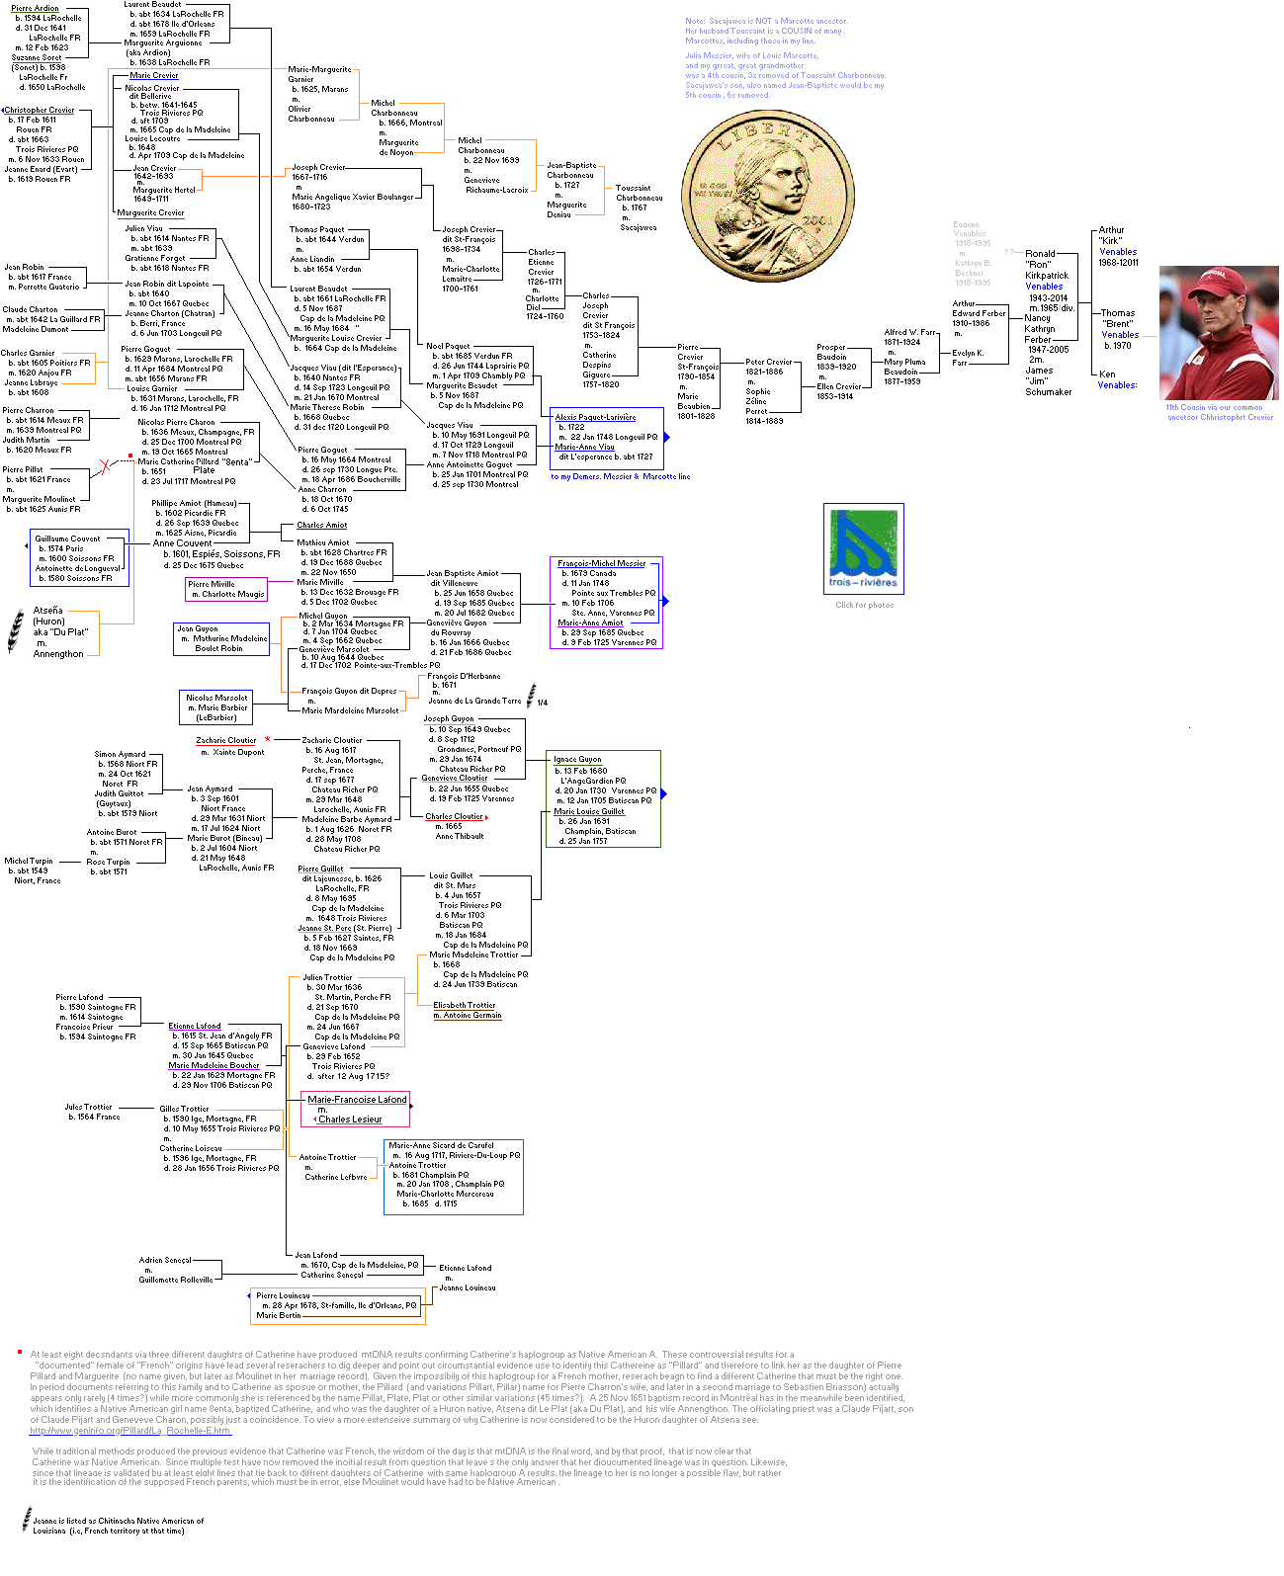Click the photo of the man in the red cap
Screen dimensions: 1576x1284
pos(1218,332)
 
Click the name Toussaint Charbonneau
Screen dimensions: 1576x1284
pos(639,193)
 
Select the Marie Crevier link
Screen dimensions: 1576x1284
pos(154,76)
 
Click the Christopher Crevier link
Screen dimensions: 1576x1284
pos(40,111)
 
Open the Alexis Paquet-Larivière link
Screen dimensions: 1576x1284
pos(595,417)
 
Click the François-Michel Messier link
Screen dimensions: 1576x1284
pos(601,563)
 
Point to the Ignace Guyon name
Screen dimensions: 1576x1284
pos(577,760)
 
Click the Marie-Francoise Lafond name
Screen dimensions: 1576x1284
pos(357,1099)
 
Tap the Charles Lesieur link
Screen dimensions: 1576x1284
pos(350,1120)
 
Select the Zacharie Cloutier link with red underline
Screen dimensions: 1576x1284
pos(225,740)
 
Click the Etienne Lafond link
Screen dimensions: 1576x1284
pos(195,1026)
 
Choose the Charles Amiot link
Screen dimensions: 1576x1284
pos(322,526)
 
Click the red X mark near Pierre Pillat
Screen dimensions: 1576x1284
pos(105,466)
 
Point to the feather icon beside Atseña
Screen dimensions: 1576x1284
pos(16,631)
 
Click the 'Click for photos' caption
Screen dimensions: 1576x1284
pos(864,605)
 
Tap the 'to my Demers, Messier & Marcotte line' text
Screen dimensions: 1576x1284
pos(620,476)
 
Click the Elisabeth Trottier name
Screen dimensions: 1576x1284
pos(464,1005)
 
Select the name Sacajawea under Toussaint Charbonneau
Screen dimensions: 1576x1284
pos(639,227)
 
